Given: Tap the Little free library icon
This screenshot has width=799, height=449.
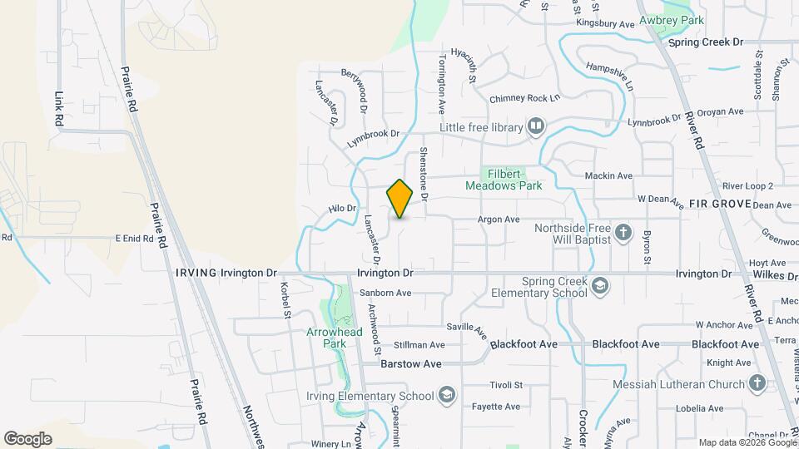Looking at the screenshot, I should (x=535, y=127).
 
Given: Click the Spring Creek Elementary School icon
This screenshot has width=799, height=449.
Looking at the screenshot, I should (x=599, y=287).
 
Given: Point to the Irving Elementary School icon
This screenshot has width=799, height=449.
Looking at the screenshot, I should (x=447, y=395).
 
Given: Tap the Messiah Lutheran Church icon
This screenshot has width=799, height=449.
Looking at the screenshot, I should (x=757, y=383).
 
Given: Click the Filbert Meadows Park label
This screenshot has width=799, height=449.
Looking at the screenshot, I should (x=515, y=180).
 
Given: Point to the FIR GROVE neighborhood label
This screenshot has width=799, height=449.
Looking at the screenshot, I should (x=720, y=204).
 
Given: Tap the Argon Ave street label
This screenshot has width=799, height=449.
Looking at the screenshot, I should (x=499, y=220).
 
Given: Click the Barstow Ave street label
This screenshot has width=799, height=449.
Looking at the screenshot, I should (x=410, y=364).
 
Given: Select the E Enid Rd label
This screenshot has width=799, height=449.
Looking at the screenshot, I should (x=134, y=238).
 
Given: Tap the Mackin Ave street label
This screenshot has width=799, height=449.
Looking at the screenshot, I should (x=608, y=176).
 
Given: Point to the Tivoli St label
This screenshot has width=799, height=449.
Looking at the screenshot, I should (x=506, y=385).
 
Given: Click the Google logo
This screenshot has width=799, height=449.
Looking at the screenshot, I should (x=27, y=438).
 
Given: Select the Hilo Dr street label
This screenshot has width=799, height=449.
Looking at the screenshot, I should (x=342, y=209).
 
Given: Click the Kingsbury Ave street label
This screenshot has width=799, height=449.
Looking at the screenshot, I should (x=605, y=25).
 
